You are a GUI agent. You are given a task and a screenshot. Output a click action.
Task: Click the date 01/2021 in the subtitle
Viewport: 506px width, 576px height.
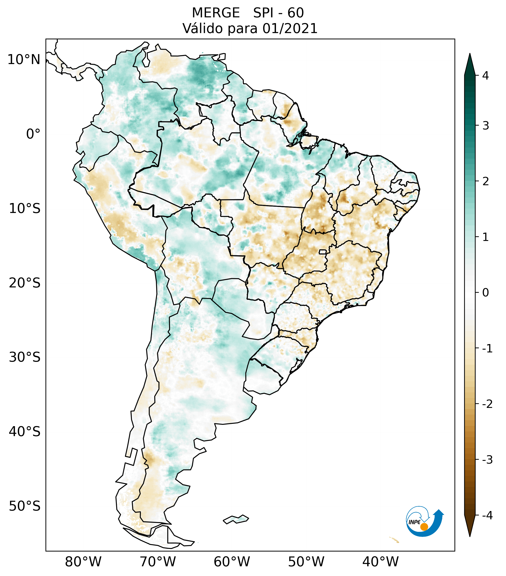point(290,28)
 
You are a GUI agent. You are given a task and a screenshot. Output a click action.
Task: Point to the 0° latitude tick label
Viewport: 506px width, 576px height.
point(33,134)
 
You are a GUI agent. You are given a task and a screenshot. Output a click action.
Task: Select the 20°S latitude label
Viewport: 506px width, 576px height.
point(25,283)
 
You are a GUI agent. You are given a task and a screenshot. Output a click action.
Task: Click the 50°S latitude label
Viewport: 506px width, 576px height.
point(25,506)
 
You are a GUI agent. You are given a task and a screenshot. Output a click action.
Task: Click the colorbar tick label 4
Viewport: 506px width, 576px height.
point(485,76)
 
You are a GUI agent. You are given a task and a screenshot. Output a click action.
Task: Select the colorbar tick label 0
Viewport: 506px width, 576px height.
point(485,293)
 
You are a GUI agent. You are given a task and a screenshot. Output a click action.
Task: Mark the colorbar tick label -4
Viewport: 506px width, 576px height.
point(487,516)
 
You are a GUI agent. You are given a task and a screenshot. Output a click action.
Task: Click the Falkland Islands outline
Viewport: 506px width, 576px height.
point(236,519)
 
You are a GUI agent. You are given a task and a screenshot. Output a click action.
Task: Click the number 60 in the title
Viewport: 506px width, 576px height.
point(296,13)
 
